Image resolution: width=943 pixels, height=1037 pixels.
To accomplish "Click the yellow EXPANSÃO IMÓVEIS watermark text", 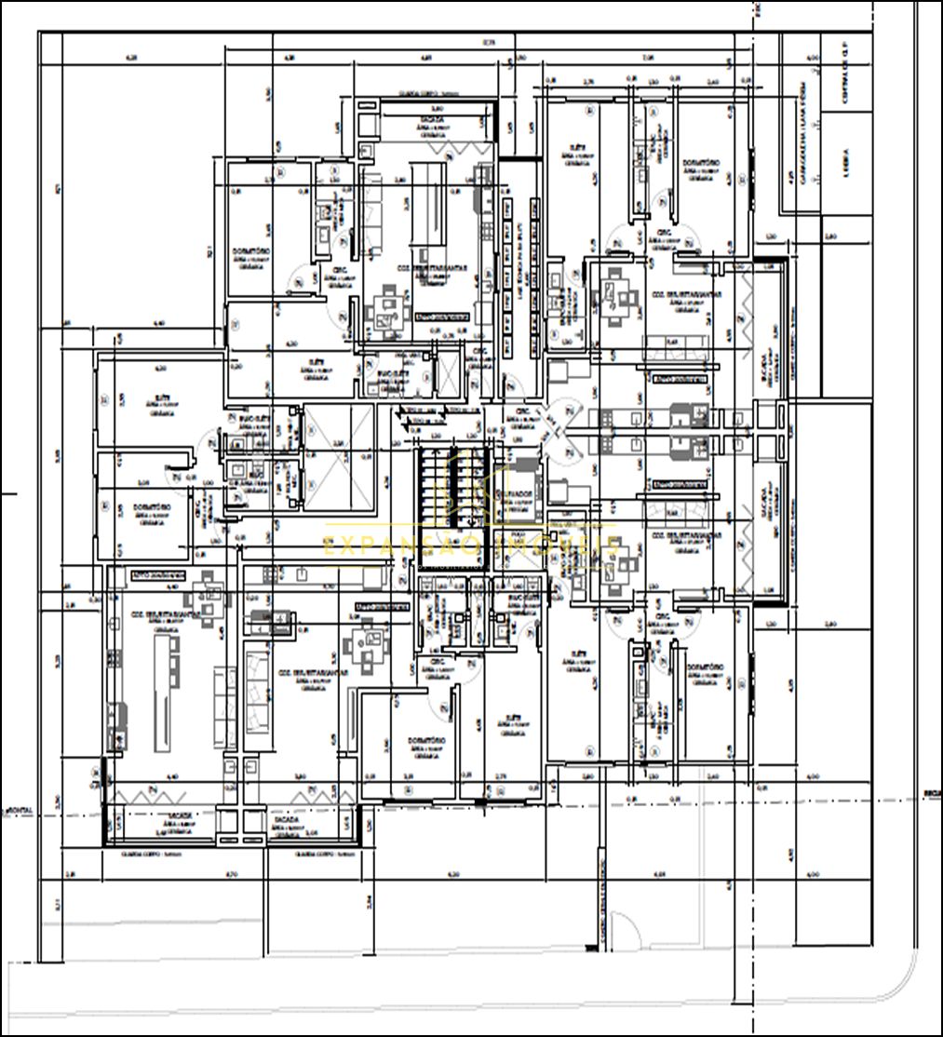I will (471, 545).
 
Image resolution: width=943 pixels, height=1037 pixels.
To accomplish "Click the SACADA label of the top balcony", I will (431, 121).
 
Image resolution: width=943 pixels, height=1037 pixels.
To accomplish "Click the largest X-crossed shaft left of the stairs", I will (337, 458).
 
